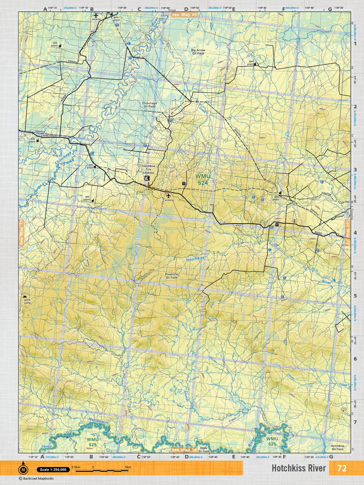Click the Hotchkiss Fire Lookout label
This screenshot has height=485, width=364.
pyautogui.click(x=148, y=169)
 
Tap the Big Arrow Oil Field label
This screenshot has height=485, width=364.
pyautogui.click(x=198, y=52)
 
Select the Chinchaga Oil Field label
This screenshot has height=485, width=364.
pyautogui.click(x=149, y=105)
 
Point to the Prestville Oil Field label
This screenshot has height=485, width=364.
pyautogui.click(x=171, y=276)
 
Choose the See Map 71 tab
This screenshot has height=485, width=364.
pyautogui.click(x=21, y=232)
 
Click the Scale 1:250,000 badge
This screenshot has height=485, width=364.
pyautogui.click(x=52, y=470)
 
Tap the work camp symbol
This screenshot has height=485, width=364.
pyautogui.click(x=25, y=297)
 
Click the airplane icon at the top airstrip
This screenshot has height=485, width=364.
pyautogui.click(x=96, y=15)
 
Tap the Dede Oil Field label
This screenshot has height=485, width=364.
pyautogui.click(x=204, y=449)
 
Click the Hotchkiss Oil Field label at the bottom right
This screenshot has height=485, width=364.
pyautogui.click(x=337, y=447)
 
